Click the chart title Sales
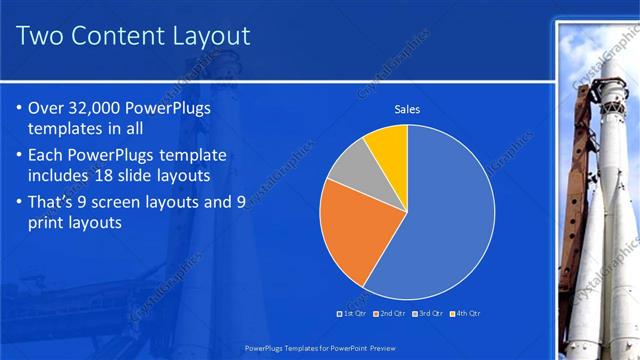click(x=407, y=108)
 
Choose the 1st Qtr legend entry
click(x=352, y=313)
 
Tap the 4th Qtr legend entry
click(x=465, y=313)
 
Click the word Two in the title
click(x=44, y=37)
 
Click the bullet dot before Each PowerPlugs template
click(x=22, y=155)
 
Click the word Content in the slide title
click(x=119, y=37)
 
